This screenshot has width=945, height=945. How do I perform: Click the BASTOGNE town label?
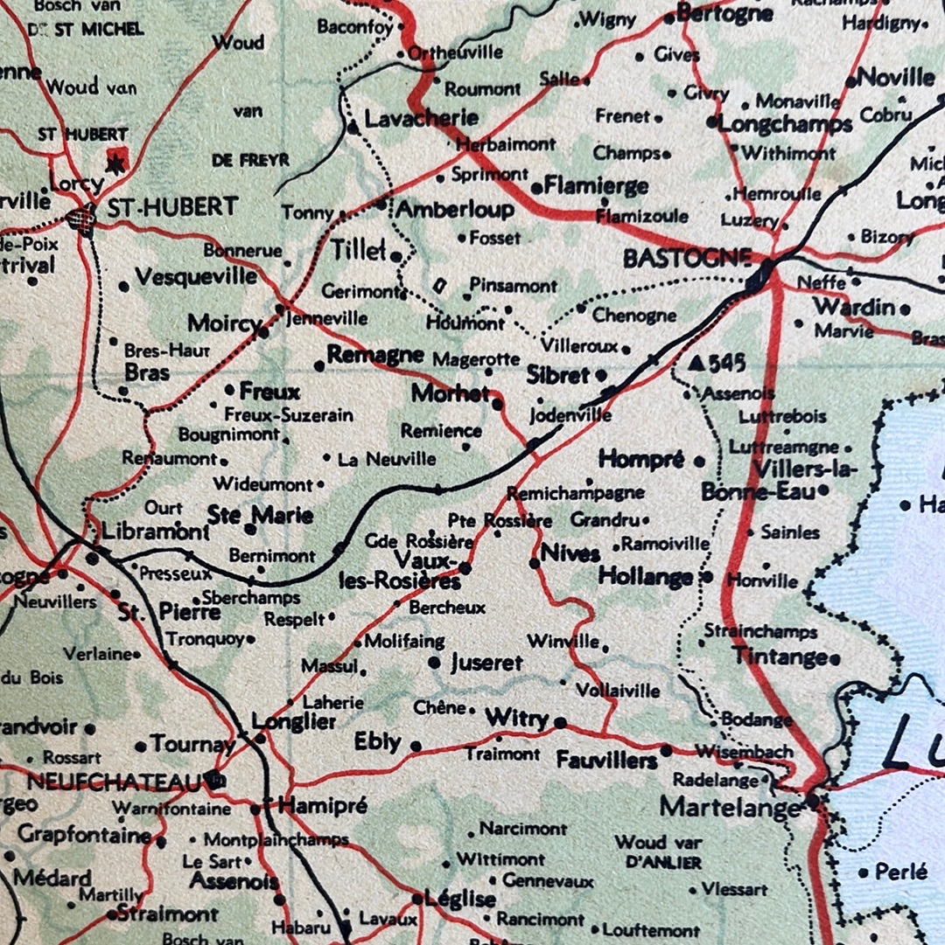coord(687,258)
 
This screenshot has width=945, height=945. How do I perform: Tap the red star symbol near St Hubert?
coord(115,160)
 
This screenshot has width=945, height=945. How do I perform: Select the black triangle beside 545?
coord(696,362)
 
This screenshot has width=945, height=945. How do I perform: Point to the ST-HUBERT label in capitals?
coord(171,207)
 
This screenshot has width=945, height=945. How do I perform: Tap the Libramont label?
coord(155,532)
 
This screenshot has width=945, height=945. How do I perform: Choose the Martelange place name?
coord(730,806)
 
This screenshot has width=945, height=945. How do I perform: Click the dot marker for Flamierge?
coord(535,188)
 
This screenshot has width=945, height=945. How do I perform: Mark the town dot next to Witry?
coord(560,723)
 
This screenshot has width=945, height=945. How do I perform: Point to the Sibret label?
coord(557,375)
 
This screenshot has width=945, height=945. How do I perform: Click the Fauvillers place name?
coord(606,761)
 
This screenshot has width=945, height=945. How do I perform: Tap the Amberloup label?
coord(455,210)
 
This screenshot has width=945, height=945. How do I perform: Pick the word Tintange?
coord(780,657)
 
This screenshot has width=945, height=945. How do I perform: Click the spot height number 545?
coord(727,363)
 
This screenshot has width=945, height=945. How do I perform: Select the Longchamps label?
coord(785,124)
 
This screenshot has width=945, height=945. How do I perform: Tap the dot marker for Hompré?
coord(698,461)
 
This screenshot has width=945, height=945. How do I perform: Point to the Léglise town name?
coord(459,899)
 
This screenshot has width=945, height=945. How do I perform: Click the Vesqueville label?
coord(196,277)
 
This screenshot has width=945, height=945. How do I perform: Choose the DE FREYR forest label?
coord(250,160)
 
